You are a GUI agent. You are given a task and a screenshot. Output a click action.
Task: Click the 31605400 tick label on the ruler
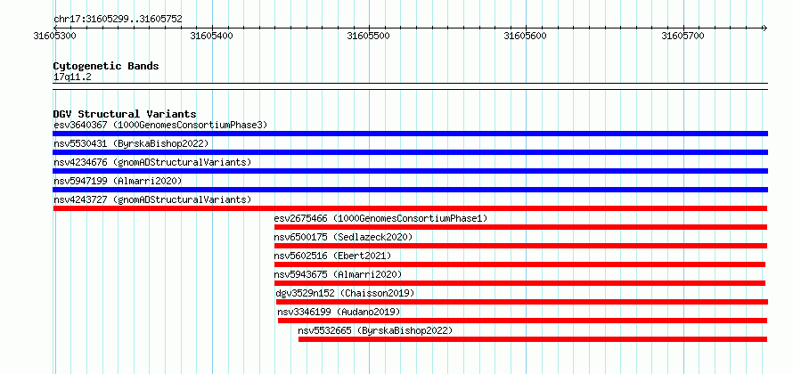[212, 36]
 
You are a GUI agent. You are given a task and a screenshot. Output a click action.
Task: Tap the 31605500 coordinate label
[369, 36]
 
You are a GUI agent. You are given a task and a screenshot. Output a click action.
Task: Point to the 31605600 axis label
[526, 36]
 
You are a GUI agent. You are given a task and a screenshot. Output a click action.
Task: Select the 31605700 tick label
[683, 36]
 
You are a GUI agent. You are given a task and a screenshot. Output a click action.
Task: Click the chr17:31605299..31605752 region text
[118, 20]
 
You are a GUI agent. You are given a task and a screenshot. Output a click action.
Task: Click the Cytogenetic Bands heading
[106, 66]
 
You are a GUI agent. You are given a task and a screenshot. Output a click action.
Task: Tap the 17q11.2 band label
[72, 77]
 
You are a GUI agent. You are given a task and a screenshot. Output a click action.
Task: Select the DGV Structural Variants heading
[125, 114]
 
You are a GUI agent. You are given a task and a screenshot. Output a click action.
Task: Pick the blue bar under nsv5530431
[410, 152]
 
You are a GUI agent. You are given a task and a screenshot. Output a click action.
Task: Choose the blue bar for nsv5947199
[410, 190]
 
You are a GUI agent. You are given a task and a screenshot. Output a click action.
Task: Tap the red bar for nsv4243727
[410, 208]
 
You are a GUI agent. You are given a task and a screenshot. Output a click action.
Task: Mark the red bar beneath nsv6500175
[520, 246]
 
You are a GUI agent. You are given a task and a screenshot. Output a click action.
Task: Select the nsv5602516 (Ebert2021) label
[332, 256]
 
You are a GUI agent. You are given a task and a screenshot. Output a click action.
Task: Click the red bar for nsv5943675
[519, 283]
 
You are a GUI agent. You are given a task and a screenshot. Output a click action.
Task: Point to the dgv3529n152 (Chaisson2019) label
[345, 293]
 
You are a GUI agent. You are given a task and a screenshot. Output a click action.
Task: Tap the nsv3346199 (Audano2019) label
[339, 312]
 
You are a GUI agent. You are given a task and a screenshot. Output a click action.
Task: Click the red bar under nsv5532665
[533, 339]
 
